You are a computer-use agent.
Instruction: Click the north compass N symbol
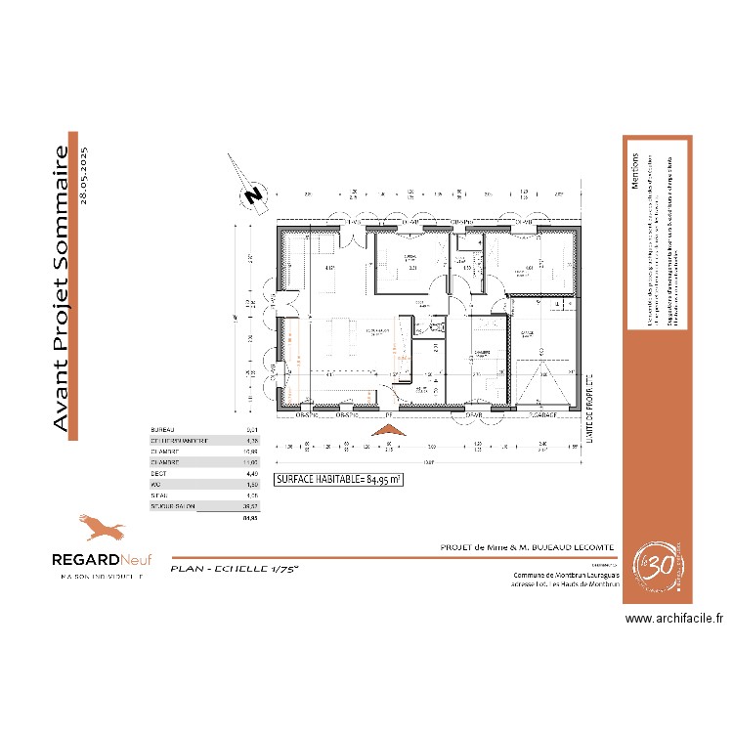(x=253, y=194)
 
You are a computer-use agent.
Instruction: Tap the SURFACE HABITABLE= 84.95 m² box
(x=339, y=480)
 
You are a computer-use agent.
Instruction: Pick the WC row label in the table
(x=154, y=485)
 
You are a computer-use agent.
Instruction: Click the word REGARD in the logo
(x=85, y=560)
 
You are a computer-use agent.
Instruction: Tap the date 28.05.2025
(x=84, y=174)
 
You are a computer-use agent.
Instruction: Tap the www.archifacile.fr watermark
(x=673, y=618)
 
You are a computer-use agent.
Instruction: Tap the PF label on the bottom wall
(x=389, y=415)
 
